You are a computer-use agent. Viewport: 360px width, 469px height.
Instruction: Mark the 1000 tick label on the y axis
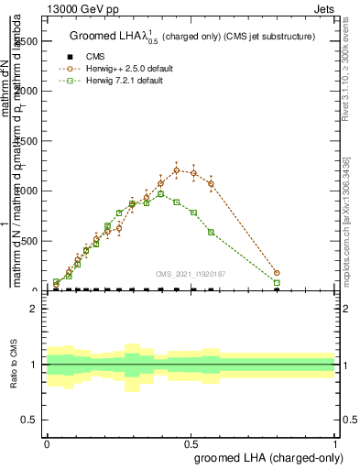click(x=27, y=191)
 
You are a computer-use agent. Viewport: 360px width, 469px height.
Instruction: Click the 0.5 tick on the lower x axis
click(x=191, y=442)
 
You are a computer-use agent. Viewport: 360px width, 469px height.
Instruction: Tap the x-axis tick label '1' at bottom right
click(x=334, y=442)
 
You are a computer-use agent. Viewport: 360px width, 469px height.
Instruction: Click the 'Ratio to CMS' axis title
click(x=14, y=365)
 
